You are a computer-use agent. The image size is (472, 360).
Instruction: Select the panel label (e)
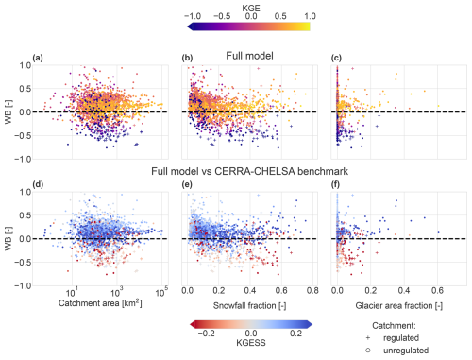[188, 187]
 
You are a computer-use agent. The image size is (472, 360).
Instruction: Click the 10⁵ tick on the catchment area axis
[161, 292]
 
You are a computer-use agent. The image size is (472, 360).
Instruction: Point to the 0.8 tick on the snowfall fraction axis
[313, 292]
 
